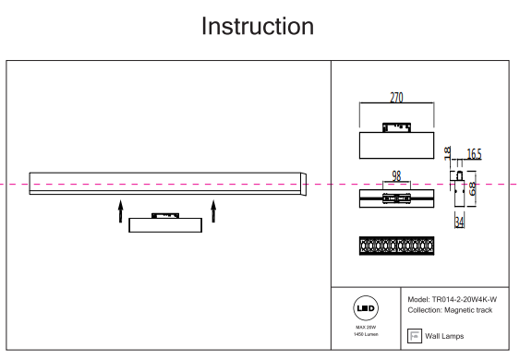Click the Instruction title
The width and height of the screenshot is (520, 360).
258,26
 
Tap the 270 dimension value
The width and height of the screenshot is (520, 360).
396,98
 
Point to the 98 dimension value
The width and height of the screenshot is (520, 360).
396,176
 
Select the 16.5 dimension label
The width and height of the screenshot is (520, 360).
474,154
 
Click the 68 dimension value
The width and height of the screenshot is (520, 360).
472,188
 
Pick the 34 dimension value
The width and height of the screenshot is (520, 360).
459,222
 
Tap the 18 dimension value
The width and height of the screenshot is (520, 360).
447,152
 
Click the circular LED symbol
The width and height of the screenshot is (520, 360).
366,308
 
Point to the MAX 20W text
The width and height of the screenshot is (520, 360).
366,327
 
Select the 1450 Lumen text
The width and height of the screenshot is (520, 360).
366,334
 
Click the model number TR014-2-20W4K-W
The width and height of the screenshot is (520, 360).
465,300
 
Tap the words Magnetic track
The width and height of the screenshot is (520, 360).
468,310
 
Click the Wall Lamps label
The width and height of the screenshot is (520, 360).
444,336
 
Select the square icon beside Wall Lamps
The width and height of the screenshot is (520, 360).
415,336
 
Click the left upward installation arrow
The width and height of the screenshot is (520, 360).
121,211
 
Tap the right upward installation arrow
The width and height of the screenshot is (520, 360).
213,211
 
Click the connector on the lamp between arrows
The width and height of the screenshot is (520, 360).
165,215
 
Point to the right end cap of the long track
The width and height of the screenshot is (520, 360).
304,184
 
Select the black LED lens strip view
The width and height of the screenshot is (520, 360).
396,246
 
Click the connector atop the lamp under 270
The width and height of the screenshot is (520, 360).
396,127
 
